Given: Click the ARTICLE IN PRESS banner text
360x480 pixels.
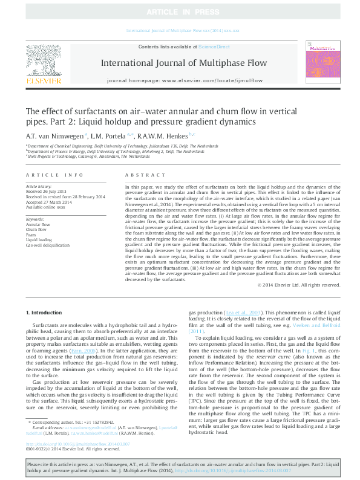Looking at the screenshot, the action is (180, 11).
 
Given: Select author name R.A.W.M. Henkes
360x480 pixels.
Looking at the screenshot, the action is (165, 136).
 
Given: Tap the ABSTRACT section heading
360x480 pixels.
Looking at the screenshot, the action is (136, 175).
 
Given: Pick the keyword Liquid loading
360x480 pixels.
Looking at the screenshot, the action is (38, 240).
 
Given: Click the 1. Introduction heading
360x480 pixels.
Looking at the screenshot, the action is (46, 312).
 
